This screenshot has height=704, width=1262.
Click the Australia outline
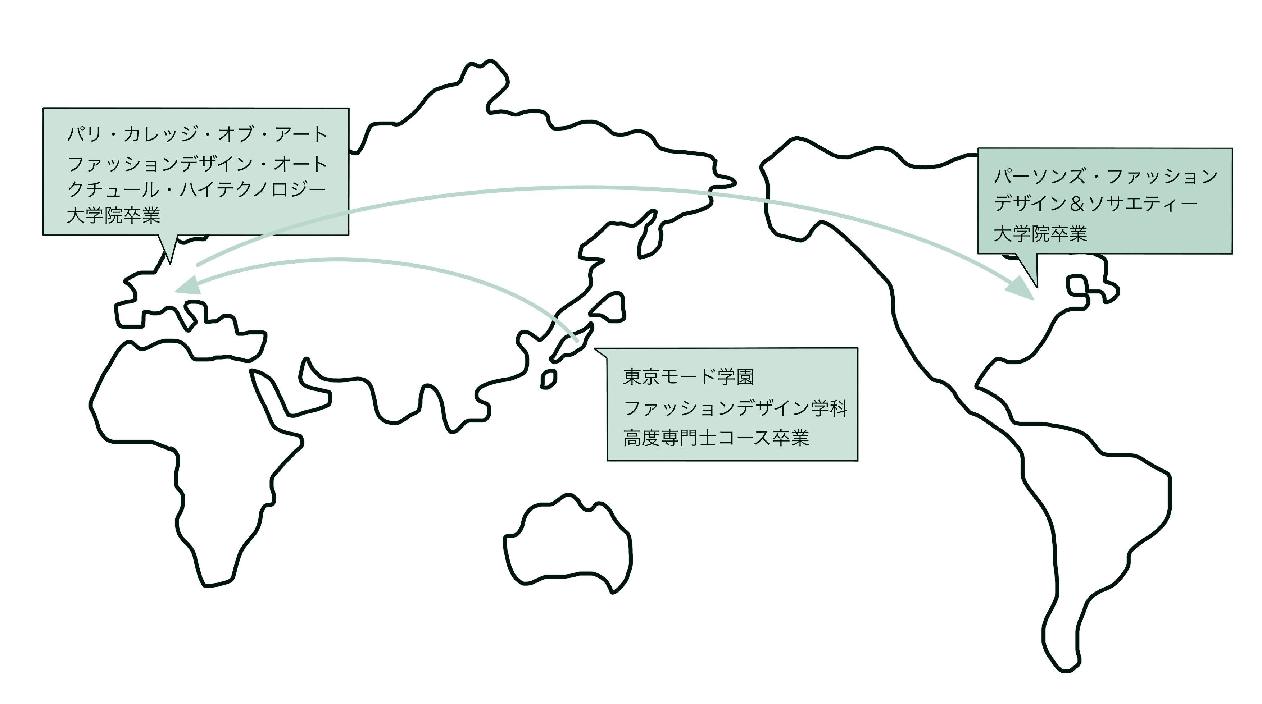[x=567, y=543]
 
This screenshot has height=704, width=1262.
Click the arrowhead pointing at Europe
[x=189, y=285]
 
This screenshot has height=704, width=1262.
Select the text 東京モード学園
[x=688, y=376]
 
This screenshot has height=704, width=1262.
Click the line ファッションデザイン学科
[x=735, y=407]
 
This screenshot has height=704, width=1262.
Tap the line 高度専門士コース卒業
[x=716, y=438]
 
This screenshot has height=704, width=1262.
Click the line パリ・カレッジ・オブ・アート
[x=197, y=134]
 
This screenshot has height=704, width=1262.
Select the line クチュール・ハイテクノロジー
[x=196, y=189]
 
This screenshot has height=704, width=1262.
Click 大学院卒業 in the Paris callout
[x=114, y=215]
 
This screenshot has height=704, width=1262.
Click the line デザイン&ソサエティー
[x=1096, y=204]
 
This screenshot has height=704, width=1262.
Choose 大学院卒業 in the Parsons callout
[x=1040, y=233]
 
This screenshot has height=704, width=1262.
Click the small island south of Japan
[x=549, y=379]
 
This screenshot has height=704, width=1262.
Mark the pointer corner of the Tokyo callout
[x=594, y=348]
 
